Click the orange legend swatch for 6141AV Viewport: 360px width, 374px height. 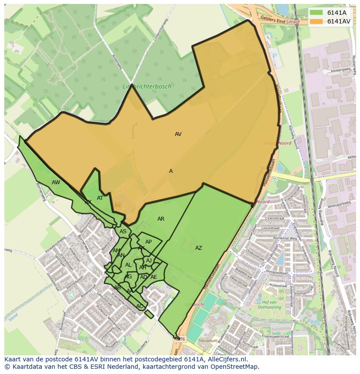pyautogui.click(x=317, y=21)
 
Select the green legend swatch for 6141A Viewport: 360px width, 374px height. pyautogui.click(x=317, y=12)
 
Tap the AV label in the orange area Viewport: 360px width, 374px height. pyautogui.click(x=178, y=134)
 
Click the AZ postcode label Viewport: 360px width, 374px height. pyautogui.click(x=198, y=248)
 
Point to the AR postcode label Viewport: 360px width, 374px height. pyautogui.click(x=161, y=219)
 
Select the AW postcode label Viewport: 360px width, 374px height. pyautogui.click(x=56, y=182)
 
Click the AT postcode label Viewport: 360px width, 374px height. pyautogui.click(x=100, y=198)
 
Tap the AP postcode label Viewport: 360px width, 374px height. pyautogui.click(x=148, y=242)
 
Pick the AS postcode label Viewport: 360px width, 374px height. pyautogui.click(x=123, y=232)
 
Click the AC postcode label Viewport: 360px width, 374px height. pyautogui.click(x=140, y=306)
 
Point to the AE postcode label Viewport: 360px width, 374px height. pyautogui.click(x=154, y=277)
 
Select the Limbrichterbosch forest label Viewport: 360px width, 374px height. pyautogui.click(x=147, y=86)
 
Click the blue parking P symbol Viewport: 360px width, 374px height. pyautogui.click(x=274, y=56)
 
